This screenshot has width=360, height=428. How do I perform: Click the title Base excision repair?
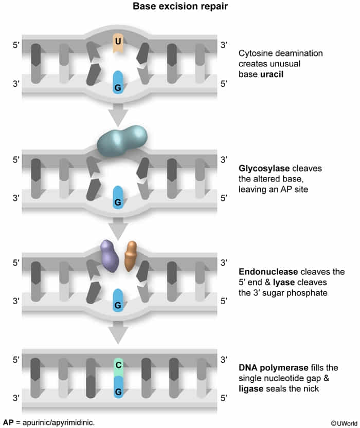[x=180, y=6]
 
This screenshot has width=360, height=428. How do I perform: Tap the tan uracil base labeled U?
[x=118, y=43]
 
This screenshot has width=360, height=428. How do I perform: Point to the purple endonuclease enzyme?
[x=109, y=256]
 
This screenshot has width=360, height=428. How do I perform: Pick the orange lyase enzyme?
[x=131, y=256]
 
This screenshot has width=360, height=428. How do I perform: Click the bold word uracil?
[x=272, y=74]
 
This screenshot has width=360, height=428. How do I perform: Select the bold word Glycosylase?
[x=264, y=169]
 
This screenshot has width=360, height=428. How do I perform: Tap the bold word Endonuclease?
[x=268, y=272]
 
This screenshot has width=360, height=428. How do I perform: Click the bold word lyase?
[x=284, y=282]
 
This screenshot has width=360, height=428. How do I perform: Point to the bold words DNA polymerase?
[x=274, y=368]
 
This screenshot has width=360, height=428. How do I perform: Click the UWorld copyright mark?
[x=344, y=423]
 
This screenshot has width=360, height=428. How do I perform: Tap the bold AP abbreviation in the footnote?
[x=8, y=422]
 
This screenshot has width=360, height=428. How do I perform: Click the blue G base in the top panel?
[x=118, y=82]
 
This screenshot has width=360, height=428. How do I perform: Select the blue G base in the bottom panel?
[x=118, y=387]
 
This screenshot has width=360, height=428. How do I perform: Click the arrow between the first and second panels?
[x=118, y=115]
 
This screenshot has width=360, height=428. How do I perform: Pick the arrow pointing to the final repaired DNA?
[x=118, y=332]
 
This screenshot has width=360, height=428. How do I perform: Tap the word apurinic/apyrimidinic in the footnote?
[x=59, y=423]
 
